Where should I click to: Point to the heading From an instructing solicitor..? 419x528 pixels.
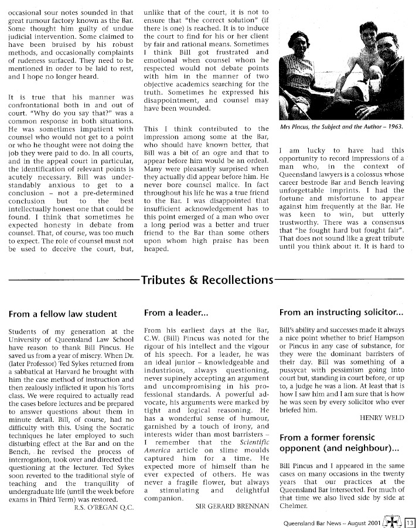(341, 313)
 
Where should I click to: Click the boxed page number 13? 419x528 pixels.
(410, 521)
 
